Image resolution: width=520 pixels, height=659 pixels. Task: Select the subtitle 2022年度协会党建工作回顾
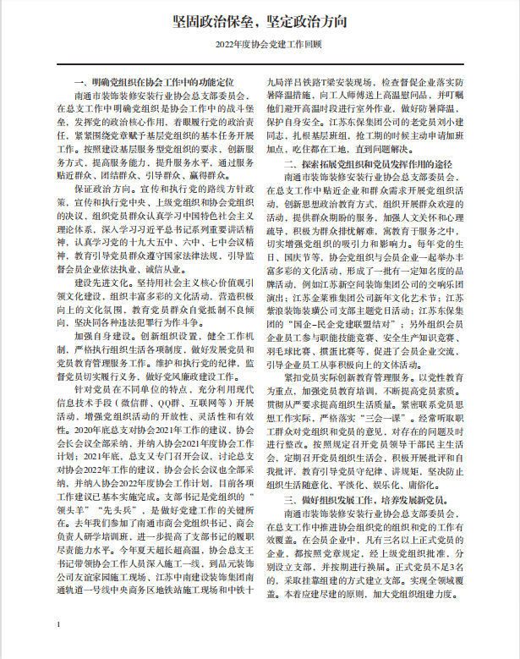click(259, 43)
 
